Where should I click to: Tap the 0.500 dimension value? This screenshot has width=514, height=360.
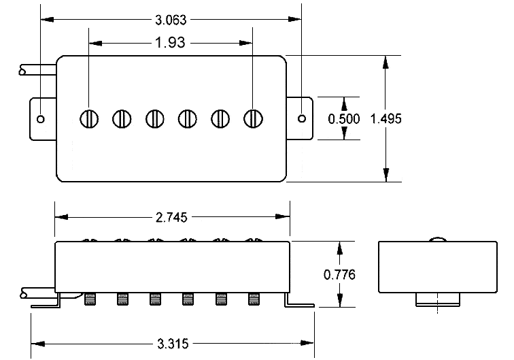[x=345, y=118]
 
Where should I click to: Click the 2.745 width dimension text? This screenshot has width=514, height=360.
[x=173, y=217]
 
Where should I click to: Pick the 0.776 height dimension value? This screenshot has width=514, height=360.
[x=340, y=274]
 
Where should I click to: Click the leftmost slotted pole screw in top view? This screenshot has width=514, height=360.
[x=89, y=118]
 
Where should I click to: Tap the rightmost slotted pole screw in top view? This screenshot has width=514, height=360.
[x=254, y=118]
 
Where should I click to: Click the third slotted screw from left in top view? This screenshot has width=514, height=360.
[x=155, y=118]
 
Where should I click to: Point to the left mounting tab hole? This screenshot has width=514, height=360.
[x=41, y=118]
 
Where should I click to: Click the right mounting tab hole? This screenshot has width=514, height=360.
[x=302, y=118]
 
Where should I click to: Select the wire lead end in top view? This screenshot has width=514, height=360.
[x=24, y=69]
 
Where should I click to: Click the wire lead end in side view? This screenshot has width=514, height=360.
[x=24, y=293]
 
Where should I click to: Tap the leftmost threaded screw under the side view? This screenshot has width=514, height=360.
[x=90, y=298]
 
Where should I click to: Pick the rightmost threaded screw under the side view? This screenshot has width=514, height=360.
[x=254, y=298]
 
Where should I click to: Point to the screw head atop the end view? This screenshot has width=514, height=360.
[x=436, y=239]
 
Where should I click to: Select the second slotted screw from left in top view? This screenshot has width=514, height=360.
[x=122, y=118]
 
